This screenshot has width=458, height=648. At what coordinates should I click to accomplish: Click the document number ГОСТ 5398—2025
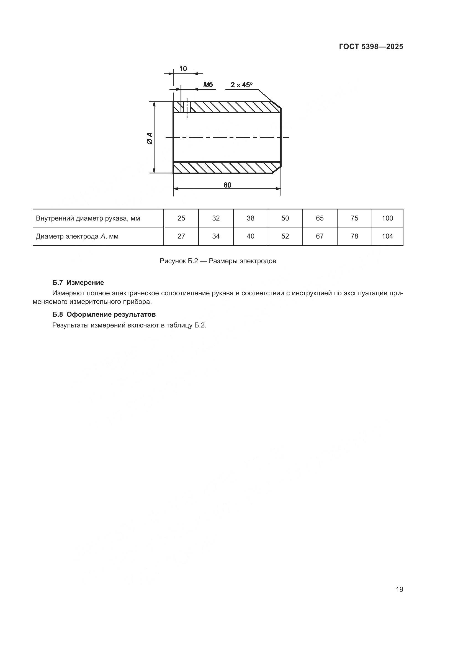click(371, 47)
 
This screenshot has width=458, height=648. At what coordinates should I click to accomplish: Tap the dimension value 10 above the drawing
click(183, 69)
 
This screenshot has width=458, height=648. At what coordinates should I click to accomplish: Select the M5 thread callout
click(208, 84)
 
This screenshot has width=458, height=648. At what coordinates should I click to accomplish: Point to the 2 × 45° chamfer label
click(241, 85)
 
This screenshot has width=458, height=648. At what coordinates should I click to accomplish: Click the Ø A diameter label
click(150, 138)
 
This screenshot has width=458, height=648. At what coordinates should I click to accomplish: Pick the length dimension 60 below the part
click(227, 185)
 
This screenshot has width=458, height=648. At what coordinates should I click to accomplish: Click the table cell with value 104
click(387, 236)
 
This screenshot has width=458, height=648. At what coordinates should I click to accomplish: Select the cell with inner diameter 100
click(387, 218)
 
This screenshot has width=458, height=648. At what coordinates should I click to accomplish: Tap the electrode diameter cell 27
click(181, 236)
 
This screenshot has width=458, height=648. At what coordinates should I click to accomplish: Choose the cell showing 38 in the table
click(250, 218)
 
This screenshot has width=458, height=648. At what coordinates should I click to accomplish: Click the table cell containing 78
click(354, 236)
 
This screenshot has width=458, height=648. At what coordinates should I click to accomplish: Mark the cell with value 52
click(285, 236)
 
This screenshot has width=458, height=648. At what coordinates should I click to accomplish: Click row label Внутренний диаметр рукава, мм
click(88, 218)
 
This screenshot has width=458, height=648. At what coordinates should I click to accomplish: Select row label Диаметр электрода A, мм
click(77, 237)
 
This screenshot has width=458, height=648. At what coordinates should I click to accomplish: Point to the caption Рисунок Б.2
click(218, 261)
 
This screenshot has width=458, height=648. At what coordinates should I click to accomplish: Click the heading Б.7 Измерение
click(78, 283)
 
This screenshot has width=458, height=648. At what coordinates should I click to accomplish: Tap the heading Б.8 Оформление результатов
click(104, 314)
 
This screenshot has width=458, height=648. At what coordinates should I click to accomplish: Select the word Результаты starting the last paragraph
click(70, 326)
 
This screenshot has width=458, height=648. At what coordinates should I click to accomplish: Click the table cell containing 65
click(320, 218)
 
